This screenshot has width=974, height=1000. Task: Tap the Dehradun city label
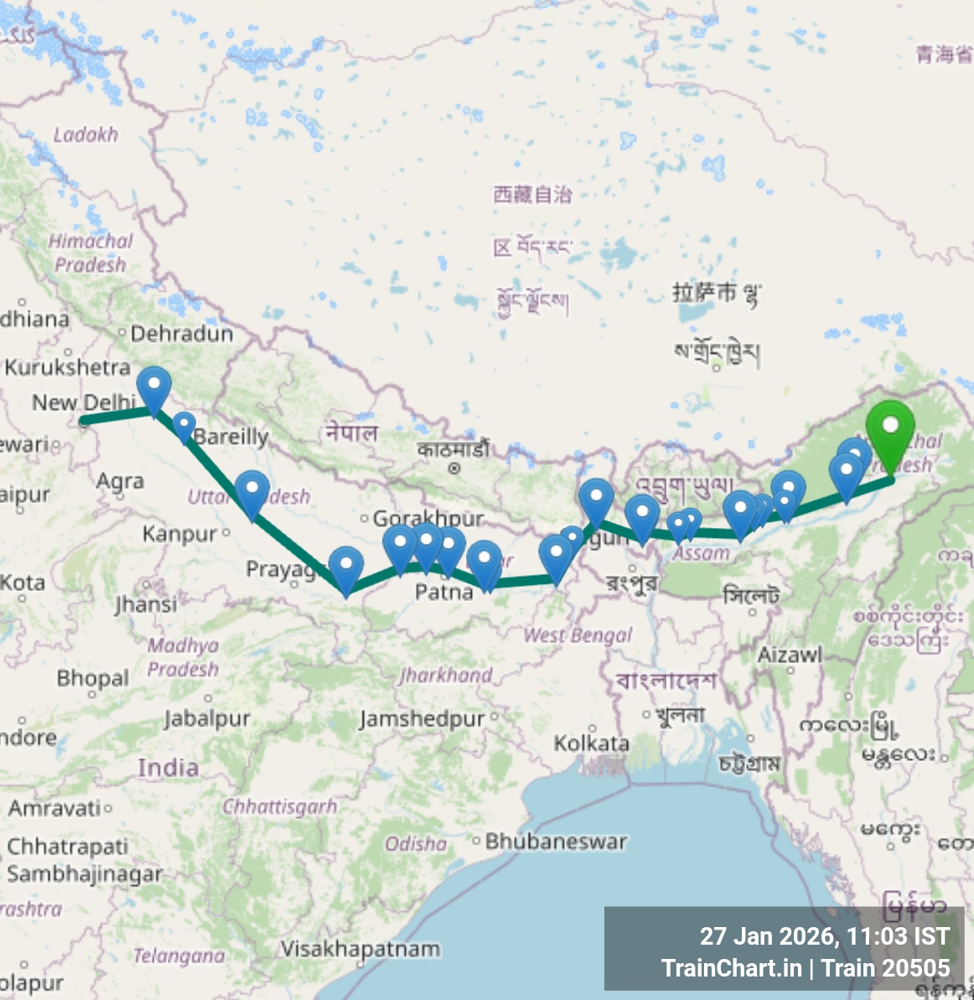(182, 334)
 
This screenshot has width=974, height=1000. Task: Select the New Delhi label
(83, 402)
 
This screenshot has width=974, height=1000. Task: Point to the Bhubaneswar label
(556, 841)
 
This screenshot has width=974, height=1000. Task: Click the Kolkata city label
(592, 743)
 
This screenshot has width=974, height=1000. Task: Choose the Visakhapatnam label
(360, 949)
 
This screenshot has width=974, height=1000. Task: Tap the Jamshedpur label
(422, 718)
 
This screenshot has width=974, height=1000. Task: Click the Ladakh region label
(85, 134)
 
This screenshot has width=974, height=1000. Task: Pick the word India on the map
(168, 767)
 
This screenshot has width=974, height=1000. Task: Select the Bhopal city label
(93, 677)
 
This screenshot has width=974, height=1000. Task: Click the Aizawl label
(790, 655)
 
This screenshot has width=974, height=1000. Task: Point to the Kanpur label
(179, 534)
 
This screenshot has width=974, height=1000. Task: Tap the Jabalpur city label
(207, 718)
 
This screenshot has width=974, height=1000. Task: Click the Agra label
(120, 481)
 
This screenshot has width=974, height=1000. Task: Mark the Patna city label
(443, 592)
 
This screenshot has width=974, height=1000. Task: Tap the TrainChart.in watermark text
(731, 968)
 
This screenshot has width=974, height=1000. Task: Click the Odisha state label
(416, 843)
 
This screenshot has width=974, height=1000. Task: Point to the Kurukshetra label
(68, 367)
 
